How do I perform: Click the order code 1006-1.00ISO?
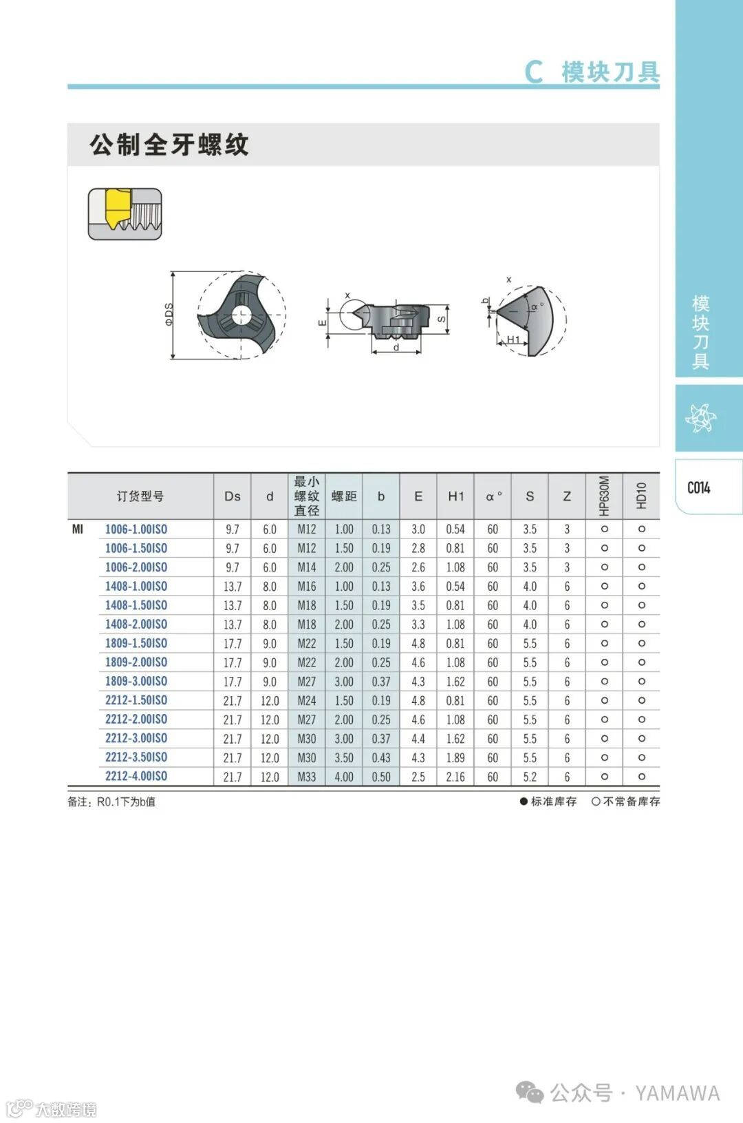click(136, 529)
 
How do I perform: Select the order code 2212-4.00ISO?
click(136, 776)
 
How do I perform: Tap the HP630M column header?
click(604, 496)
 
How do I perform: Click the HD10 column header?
click(641, 496)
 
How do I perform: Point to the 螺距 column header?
click(344, 496)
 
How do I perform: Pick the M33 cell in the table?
click(307, 777)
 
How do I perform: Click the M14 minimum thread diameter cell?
click(307, 567)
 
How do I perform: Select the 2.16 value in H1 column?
click(455, 777)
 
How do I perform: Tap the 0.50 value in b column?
click(380, 777)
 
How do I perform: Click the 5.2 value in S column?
click(530, 777)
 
